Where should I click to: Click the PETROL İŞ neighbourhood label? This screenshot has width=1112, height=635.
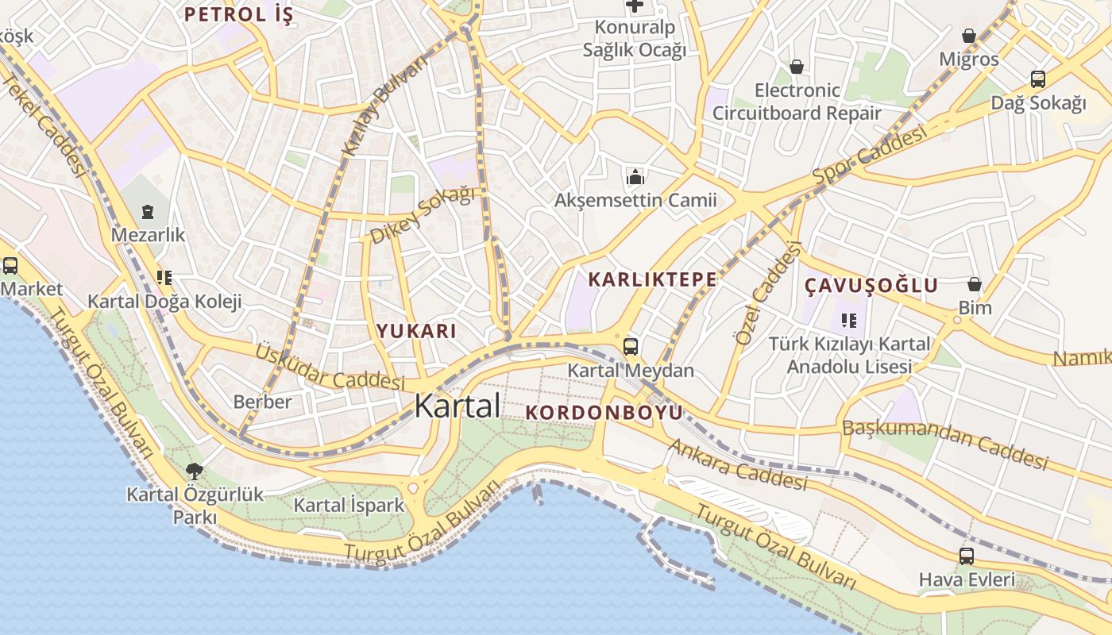click(239, 14)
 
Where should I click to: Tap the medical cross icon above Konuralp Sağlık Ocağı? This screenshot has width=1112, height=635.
click(635, 6)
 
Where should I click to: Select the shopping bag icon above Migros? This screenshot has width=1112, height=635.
click(968, 36)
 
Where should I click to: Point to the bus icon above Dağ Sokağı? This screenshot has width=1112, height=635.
click(1037, 79)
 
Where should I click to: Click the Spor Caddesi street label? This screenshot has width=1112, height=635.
click(869, 156)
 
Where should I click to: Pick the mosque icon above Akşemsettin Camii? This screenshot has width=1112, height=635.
click(635, 176)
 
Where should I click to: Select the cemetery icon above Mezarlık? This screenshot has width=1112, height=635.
click(148, 212)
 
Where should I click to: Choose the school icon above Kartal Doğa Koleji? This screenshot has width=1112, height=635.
click(164, 278)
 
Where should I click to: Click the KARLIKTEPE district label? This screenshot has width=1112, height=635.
click(652, 279)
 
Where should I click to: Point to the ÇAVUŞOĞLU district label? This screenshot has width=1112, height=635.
click(871, 286)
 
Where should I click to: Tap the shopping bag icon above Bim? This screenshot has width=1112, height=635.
click(975, 284)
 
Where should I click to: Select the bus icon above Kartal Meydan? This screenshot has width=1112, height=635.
click(631, 347)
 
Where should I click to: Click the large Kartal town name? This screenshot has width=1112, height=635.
click(458, 406)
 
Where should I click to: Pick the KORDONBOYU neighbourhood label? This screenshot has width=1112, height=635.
click(604, 413)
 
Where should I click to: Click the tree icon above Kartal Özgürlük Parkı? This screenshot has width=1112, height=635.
click(195, 471)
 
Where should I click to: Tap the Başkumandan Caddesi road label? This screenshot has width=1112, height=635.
click(945, 444)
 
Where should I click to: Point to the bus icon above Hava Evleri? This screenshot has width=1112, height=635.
click(967, 556)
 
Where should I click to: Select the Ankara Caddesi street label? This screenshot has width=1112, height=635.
click(736, 465)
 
